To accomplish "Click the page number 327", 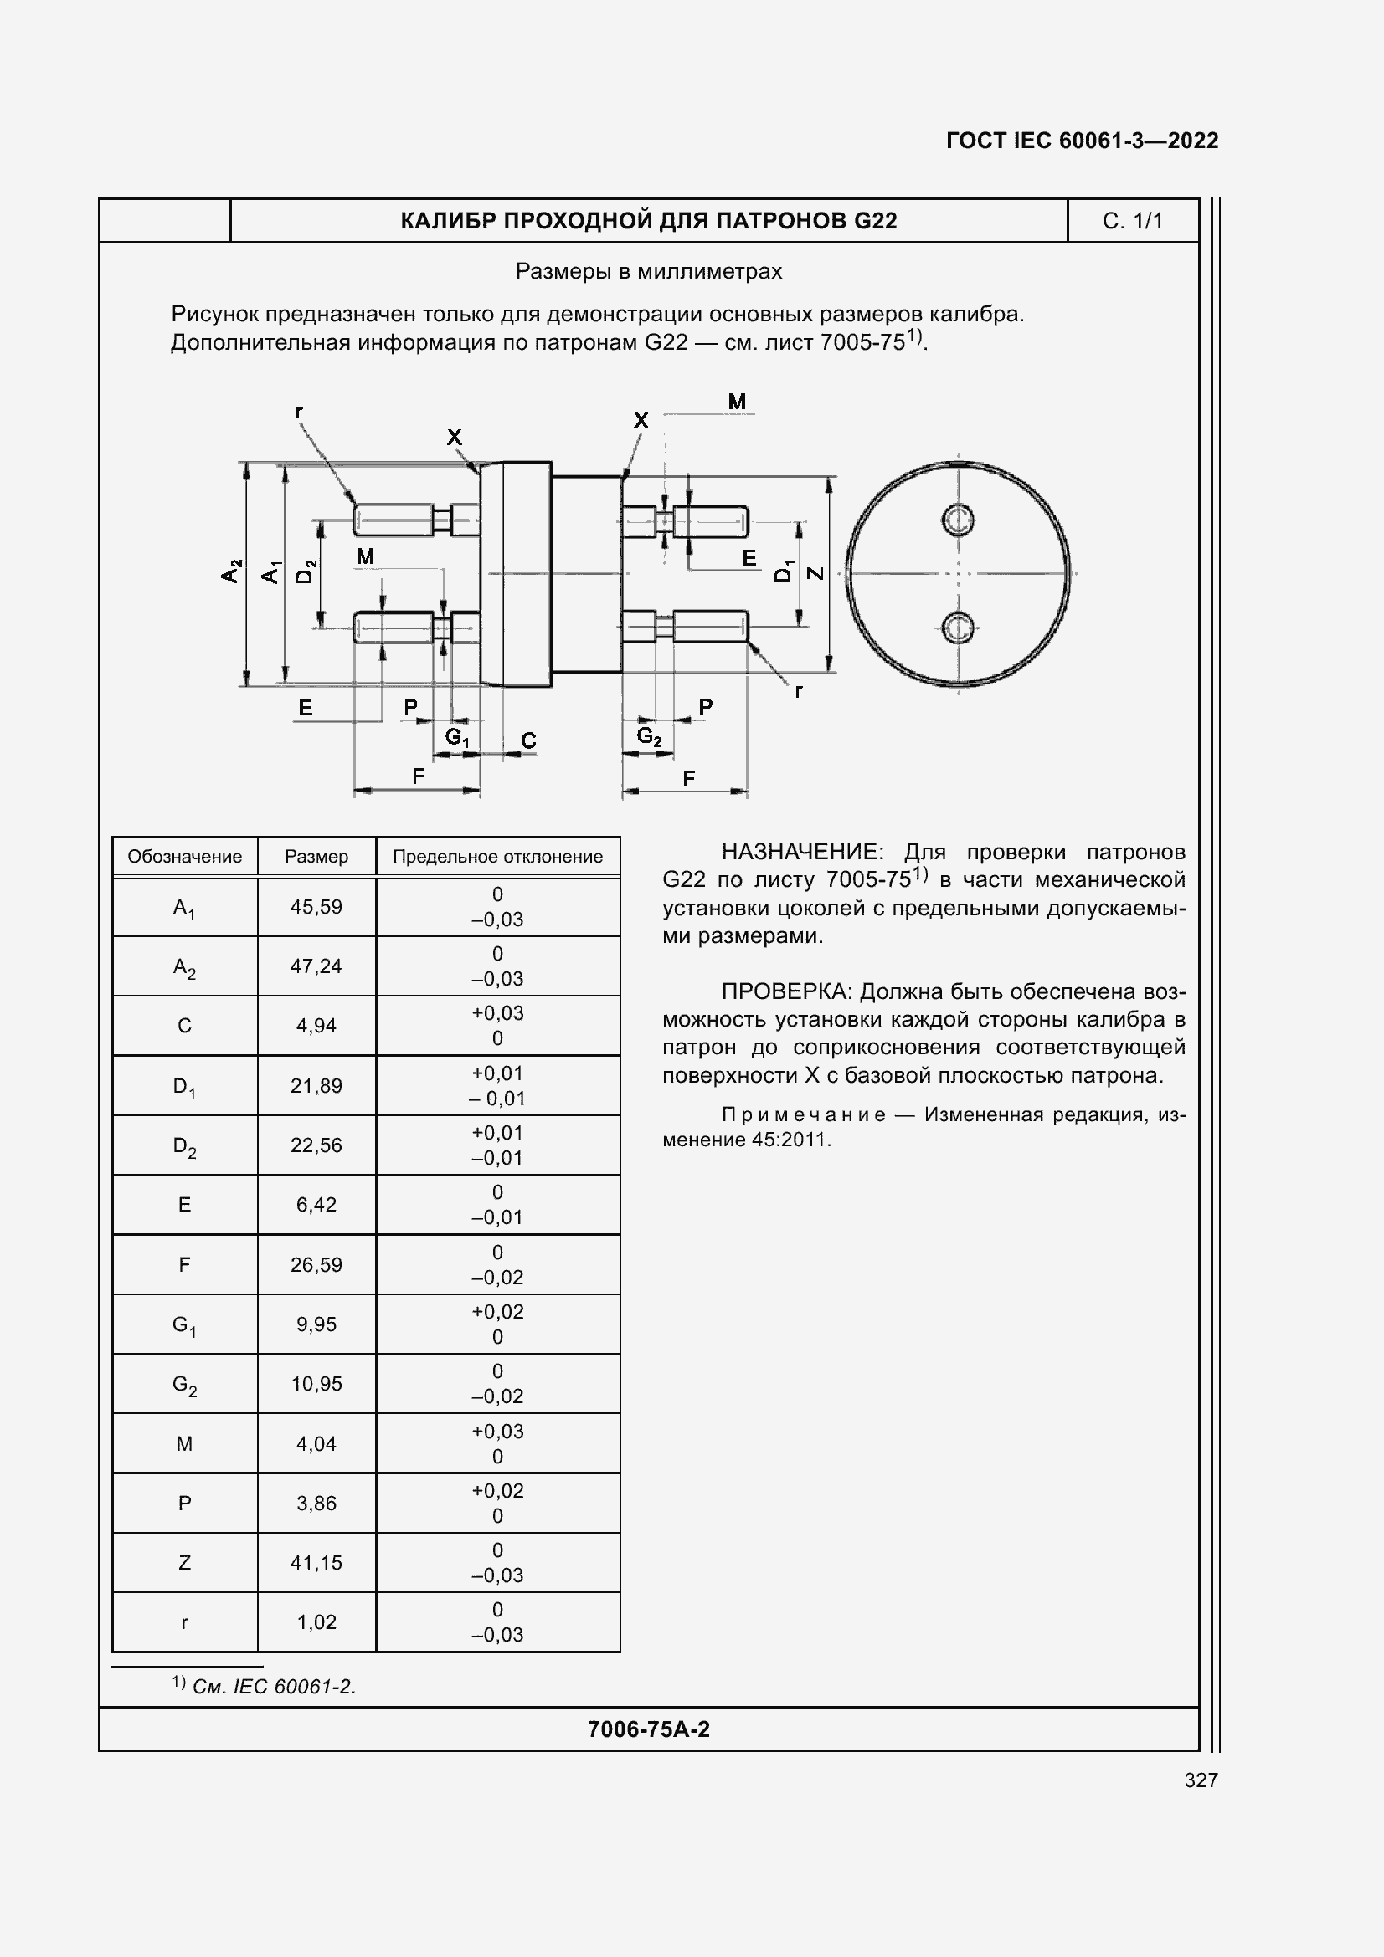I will (x=1201, y=1780).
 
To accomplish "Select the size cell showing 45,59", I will (x=316, y=907).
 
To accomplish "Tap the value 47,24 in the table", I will (x=316, y=966).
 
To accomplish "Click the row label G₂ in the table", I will (x=184, y=1384).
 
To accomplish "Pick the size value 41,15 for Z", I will (x=316, y=1563).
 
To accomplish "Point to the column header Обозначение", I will (x=184, y=857).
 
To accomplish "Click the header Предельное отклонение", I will (x=497, y=857).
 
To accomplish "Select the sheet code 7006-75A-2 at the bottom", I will (x=648, y=1729).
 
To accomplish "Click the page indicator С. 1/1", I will (x=1132, y=221).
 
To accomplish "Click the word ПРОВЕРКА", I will (x=786, y=991).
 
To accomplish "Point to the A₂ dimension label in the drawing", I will (x=231, y=571).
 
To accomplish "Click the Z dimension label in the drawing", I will (x=815, y=573).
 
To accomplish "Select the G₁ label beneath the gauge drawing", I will (x=457, y=737).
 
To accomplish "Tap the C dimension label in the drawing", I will (x=528, y=740).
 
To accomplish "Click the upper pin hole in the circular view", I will (x=958, y=519).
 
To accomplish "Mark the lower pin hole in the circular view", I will (x=958, y=628).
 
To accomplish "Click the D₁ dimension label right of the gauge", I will (x=783, y=571).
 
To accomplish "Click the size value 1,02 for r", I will (x=316, y=1623).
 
